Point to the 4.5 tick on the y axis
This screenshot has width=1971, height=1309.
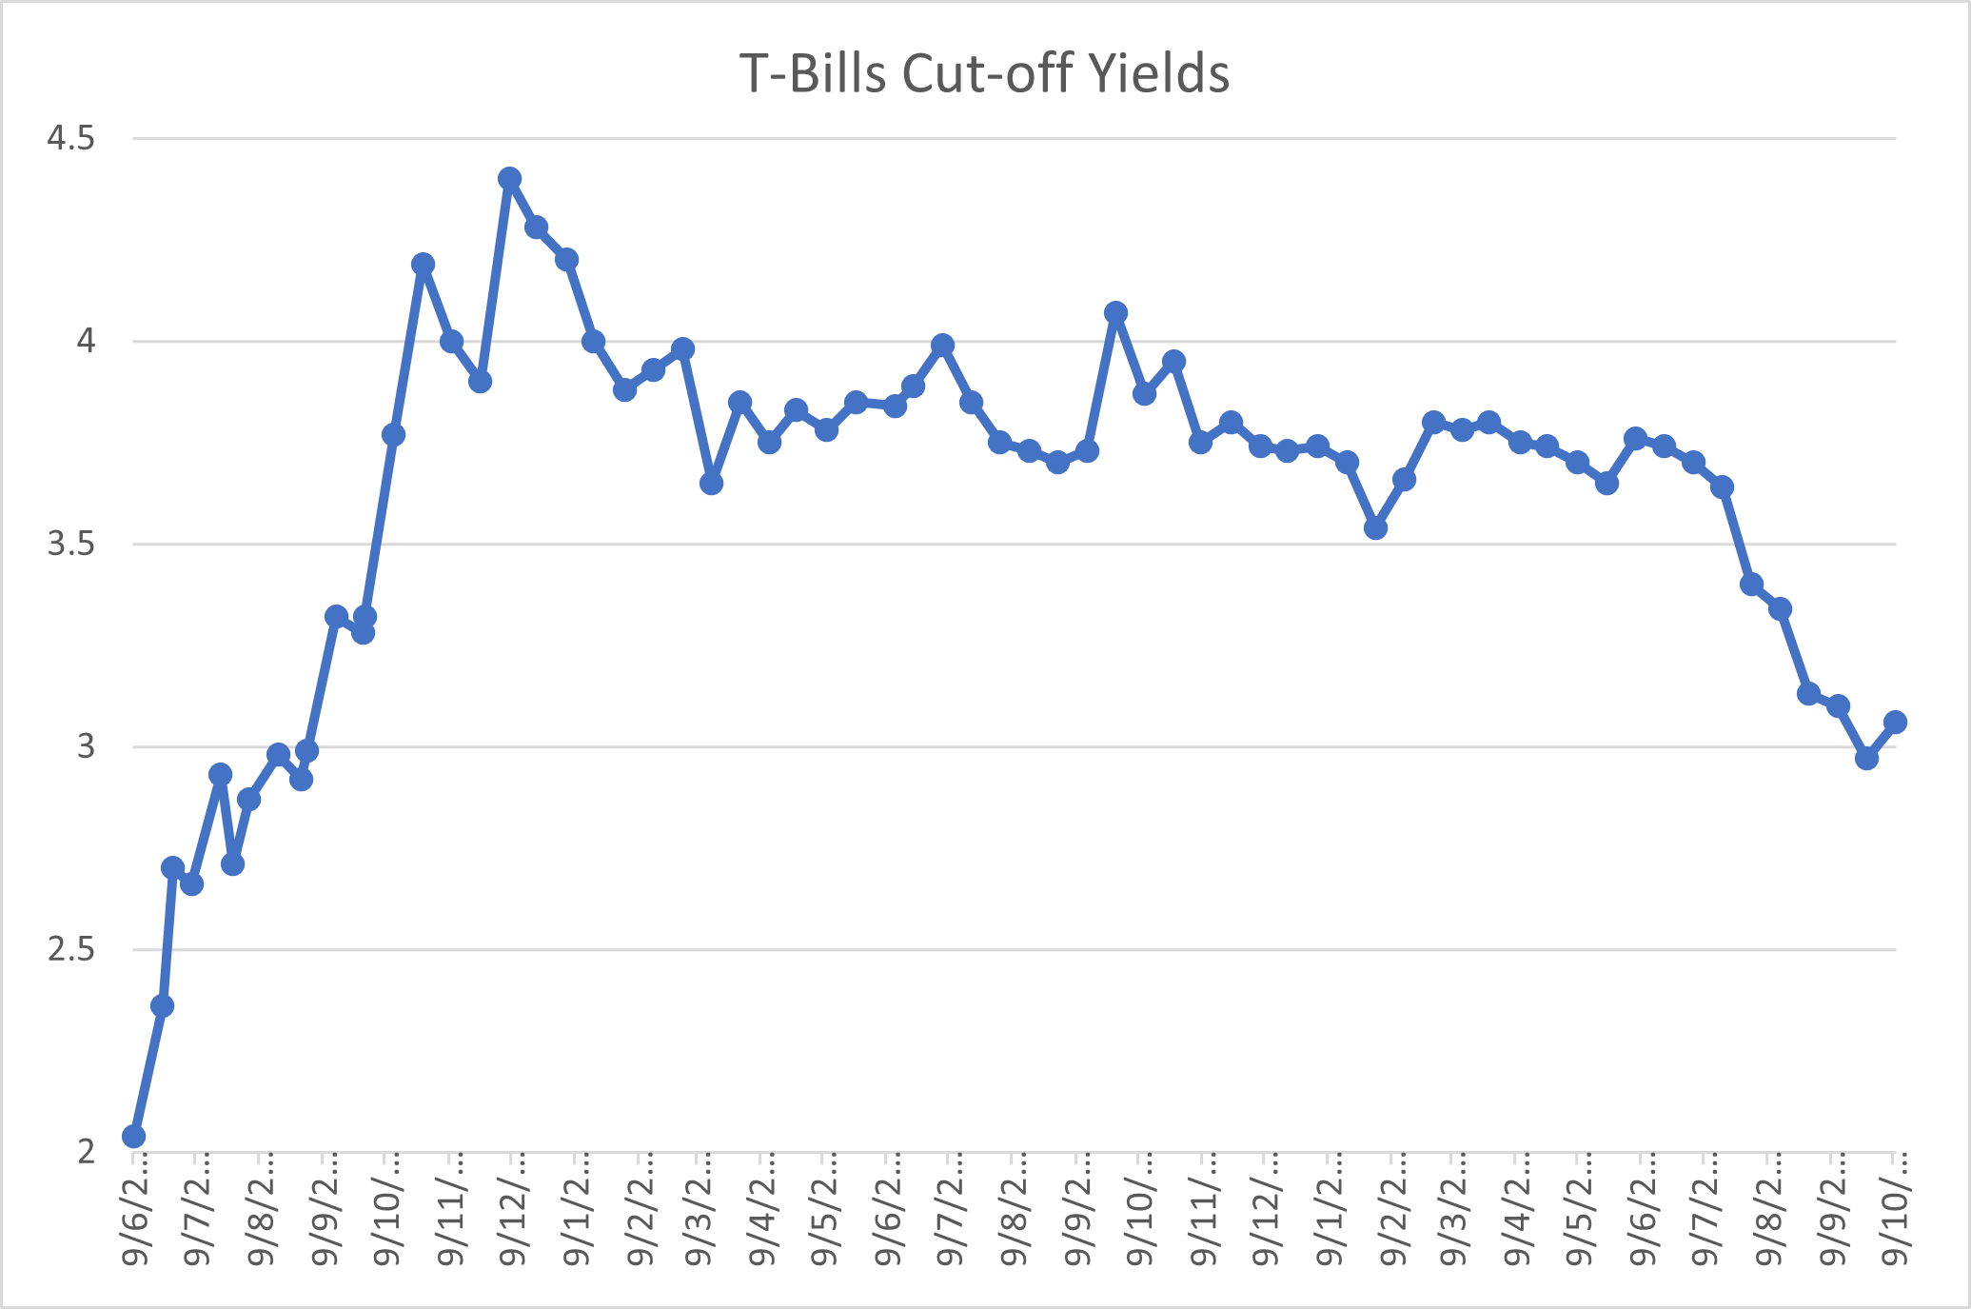pyautogui.click(x=71, y=139)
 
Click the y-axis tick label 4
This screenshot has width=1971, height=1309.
pyautogui.click(x=87, y=341)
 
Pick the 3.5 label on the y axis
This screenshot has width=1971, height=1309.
pyautogui.click(x=71, y=545)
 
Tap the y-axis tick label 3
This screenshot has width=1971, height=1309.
pyautogui.click(x=87, y=746)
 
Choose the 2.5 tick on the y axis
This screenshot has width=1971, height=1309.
pyautogui.click(x=71, y=950)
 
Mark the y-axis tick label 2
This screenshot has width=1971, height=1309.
pyautogui.click(x=87, y=1152)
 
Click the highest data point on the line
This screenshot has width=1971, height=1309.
pyautogui.click(x=509, y=179)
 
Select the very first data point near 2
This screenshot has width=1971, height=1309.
pyautogui.click(x=134, y=1136)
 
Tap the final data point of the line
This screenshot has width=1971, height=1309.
pyautogui.click(x=1895, y=722)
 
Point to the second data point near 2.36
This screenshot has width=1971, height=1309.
pyautogui.click(x=162, y=1005)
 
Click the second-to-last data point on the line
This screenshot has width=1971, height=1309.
pyautogui.click(x=1866, y=758)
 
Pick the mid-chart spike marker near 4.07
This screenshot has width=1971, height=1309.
pyautogui.click(x=1116, y=312)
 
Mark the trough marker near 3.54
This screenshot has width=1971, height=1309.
pyautogui.click(x=1375, y=527)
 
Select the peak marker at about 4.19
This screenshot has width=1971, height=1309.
pyautogui.click(x=424, y=264)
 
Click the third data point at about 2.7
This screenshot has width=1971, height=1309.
pyautogui.click(x=172, y=867)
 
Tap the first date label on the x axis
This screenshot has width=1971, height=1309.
pyautogui.click(x=136, y=1209)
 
